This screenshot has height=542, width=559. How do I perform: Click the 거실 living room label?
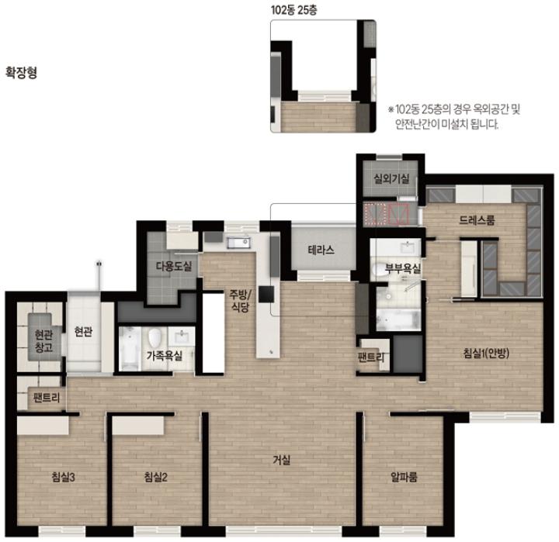click(x=282, y=460)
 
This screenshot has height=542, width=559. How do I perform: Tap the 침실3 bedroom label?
click(x=63, y=477)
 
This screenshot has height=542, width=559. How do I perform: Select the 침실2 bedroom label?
click(x=156, y=477)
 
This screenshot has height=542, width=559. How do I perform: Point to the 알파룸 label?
click(x=404, y=477)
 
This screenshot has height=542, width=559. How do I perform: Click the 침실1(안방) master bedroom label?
click(x=486, y=353)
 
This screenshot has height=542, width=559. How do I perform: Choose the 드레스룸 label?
click(x=477, y=220)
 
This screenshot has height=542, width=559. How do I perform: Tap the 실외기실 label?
click(x=391, y=178)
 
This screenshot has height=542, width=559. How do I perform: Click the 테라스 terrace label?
click(x=321, y=250)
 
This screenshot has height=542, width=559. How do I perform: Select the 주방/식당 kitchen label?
click(x=240, y=301)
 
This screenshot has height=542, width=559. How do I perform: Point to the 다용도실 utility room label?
click(x=174, y=266)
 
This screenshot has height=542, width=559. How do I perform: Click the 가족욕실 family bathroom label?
click(x=165, y=355)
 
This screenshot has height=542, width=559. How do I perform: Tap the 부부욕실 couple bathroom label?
click(x=403, y=268)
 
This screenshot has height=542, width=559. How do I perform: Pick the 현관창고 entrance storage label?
click(x=43, y=341)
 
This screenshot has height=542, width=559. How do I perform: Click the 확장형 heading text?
click(x=22, y=73)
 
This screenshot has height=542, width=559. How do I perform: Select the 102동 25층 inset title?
click(x=293, y=9)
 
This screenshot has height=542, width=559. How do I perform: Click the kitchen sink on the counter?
click(x=238, y=243)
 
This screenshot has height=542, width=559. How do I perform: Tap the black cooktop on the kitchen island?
click(x=266, y=294)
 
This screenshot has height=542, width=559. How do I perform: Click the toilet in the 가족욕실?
click(x=155, y=338)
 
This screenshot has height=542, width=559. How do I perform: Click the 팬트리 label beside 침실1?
click(x=371, y=357)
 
